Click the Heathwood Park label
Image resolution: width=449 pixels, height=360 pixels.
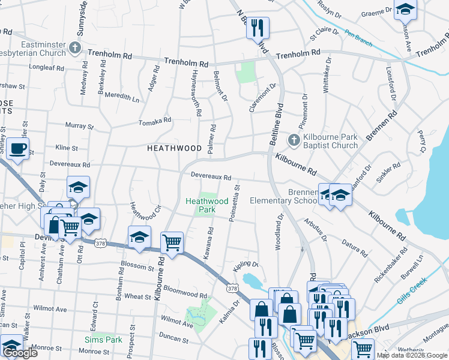coord(207,205)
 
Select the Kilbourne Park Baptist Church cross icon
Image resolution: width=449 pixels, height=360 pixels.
coord(294,140)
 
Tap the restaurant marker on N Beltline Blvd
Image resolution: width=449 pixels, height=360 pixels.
coord(258,28)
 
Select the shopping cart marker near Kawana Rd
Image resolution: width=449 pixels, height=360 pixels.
coord(172,243)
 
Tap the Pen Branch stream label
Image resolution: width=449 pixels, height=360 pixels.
coord(359,38)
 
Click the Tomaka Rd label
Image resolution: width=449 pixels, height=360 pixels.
coord(155,121)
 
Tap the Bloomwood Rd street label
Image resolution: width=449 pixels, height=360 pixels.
coord(185,292)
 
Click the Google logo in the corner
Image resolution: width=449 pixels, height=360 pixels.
coord(19,353)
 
